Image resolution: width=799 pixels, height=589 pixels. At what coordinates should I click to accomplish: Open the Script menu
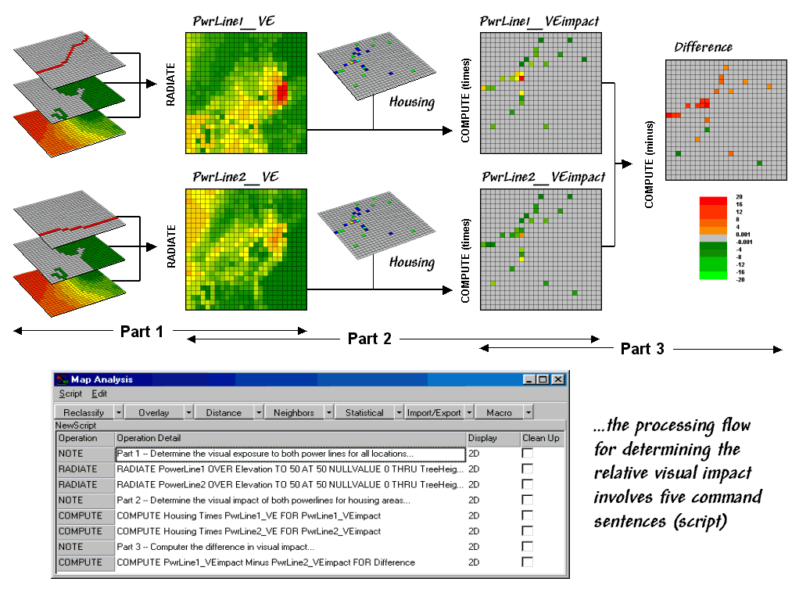point(70,394)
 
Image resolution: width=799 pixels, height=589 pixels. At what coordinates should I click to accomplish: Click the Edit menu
point(99,394)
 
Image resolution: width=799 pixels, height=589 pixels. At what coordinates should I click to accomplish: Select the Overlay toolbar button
point(153,412)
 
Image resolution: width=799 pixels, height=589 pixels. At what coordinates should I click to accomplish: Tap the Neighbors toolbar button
point(294,412)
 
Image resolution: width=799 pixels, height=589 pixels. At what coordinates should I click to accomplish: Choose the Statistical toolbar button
point(364,412)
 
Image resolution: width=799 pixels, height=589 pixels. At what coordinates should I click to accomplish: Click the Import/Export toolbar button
point(434,412)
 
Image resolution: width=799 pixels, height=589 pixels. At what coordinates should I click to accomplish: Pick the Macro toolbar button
point(499,412)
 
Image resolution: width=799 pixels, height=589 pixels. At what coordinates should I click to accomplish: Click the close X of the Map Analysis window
point(557,379)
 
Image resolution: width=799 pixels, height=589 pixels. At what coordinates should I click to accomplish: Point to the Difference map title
point(703,48)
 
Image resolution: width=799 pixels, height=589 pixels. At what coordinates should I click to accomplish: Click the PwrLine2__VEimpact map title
point(543,178)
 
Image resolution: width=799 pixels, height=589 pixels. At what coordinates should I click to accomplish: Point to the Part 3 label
point(642,349)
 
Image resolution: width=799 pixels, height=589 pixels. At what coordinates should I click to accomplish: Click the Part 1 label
point(142,332)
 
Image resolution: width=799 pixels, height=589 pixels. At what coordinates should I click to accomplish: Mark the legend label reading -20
point(740,278)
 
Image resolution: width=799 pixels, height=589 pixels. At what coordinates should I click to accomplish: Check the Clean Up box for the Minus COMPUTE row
point(527,562)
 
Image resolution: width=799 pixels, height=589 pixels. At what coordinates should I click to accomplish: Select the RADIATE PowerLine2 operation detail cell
point(289,484)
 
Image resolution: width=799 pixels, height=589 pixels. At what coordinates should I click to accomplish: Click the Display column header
point(482,438)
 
